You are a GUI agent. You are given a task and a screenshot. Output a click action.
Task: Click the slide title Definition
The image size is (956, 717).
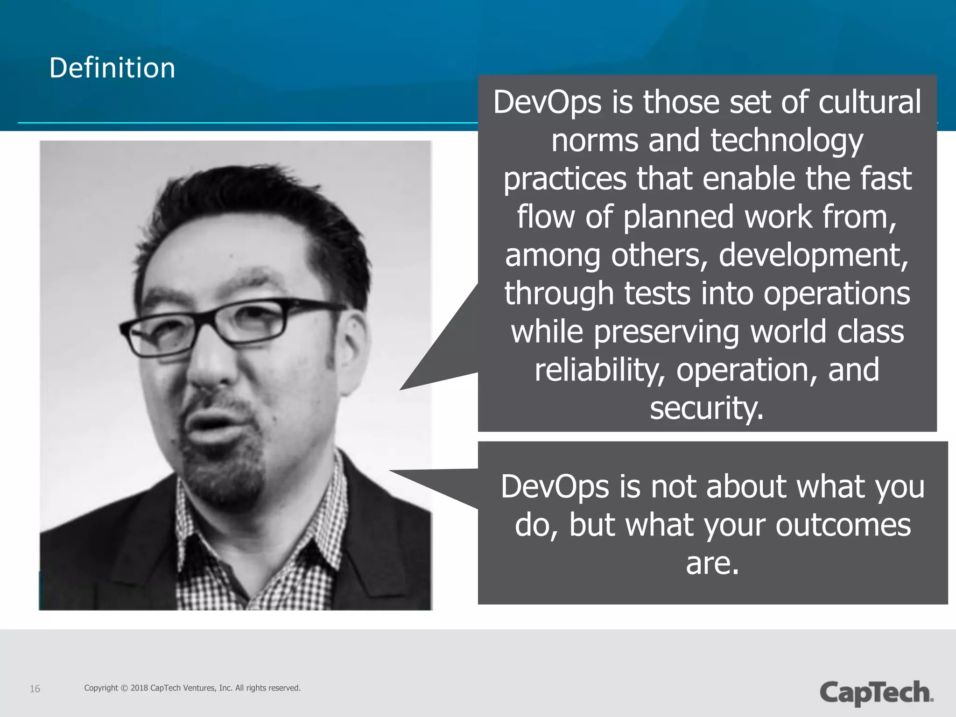click(112, 68)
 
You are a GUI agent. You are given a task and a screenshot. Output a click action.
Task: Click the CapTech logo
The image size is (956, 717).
click(876, 692)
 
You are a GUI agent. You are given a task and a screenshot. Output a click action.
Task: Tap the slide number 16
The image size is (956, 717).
click(35, 689)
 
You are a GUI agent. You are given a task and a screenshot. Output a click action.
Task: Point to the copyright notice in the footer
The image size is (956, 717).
click(192, 688)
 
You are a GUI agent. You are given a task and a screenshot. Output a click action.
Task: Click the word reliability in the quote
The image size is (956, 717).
click(600, 370)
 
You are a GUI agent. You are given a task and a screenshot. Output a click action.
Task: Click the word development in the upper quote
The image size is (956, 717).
click(813, 255)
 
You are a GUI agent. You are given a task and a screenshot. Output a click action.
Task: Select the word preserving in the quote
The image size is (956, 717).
click(667, 332)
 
